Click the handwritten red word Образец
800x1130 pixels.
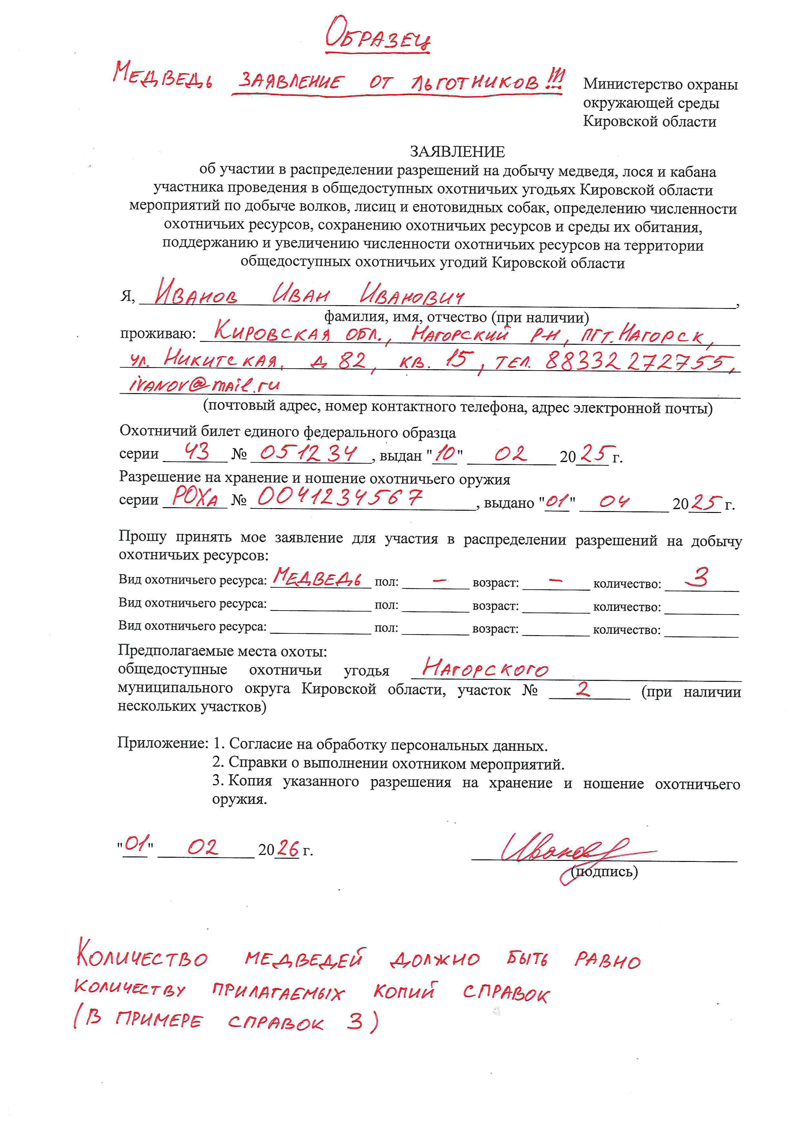click(x=378, y=35)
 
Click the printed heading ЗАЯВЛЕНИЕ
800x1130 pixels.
click(x=457, y=151)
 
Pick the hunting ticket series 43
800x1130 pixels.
click(x=196, y=451)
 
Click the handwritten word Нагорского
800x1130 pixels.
click(x=485, y=668)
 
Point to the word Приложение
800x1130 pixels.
click(x=163, y=743)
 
